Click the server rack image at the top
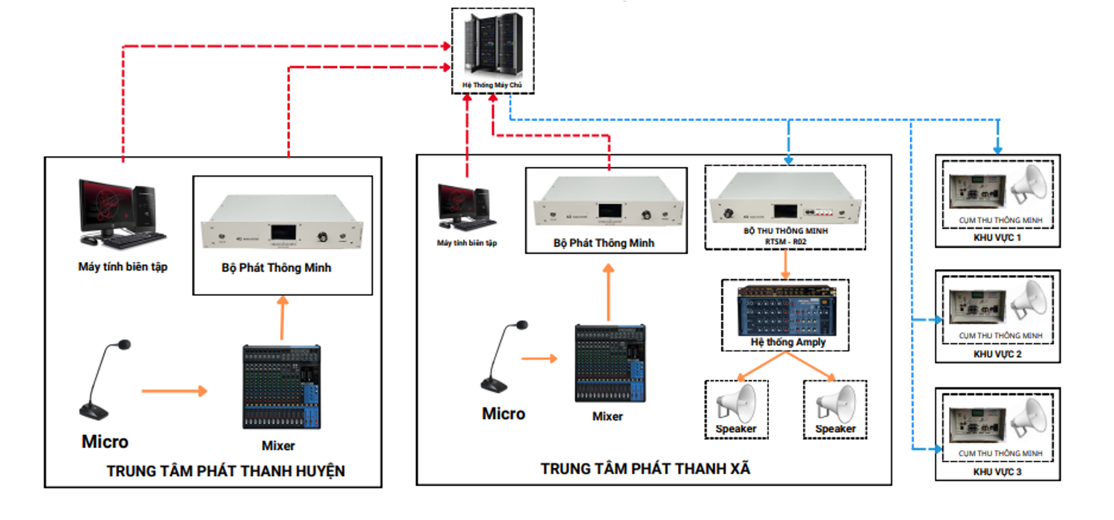pos(493,44)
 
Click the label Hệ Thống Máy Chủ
pos(492,85)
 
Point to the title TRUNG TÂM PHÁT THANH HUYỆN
pos(226,471)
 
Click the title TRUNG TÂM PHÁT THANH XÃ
pos(645,469)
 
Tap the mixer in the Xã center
pos(610,363)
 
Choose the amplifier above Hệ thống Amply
pos(786,311)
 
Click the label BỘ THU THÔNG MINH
pos(785,231)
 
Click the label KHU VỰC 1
pos(997,238)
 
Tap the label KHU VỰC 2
pos(997,354)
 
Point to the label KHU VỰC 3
pos(997,471)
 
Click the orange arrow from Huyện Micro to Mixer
pos(174,391)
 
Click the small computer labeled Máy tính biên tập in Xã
pos(466,207)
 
